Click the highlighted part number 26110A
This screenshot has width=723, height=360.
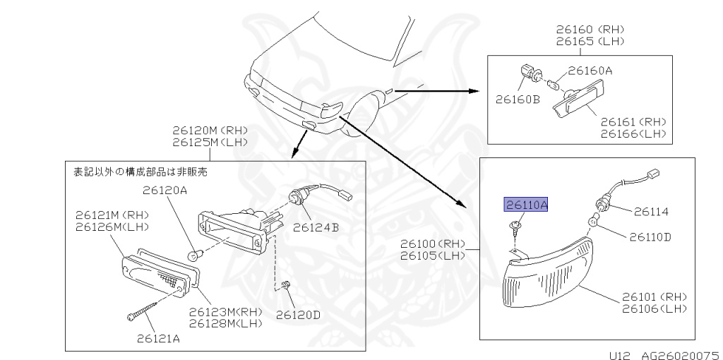coord(525,205)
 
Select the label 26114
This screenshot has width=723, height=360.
coord(650,211)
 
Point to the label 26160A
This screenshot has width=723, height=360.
coord(590,71)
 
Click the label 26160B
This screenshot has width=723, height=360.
coord(517,100)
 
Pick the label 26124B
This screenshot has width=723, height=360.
coord(316,227)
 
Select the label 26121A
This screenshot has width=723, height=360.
coord(158,338)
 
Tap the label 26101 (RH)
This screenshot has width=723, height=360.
coord(654,296)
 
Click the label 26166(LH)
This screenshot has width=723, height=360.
coord(633,133)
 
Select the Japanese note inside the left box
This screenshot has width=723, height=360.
coord(141,171)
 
